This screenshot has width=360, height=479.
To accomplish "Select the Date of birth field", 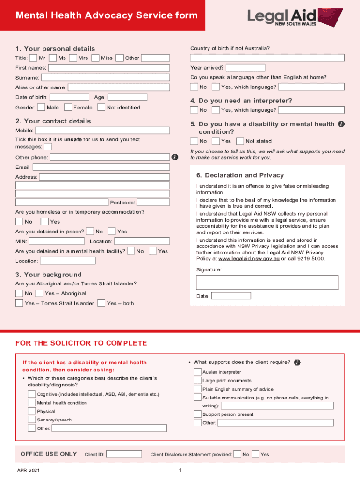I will tap(69, 97).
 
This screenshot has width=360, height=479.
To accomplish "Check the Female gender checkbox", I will tap(68, 108).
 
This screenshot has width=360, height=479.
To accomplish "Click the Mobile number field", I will tap(103, 130).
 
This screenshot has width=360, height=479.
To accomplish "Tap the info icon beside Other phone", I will tap(174, 157).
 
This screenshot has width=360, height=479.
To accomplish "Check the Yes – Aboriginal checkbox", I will tap(40, 293).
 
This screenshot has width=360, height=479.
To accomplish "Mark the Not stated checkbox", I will tap(240, 141).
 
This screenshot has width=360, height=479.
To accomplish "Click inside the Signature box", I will tap(267, 282).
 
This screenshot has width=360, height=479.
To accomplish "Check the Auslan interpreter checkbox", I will tap(197, 372).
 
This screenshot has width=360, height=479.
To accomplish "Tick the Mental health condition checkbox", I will tap(32, 403).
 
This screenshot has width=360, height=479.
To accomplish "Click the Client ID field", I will tap(124, 454).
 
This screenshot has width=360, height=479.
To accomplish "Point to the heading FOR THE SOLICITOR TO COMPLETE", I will tap(81, 343).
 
